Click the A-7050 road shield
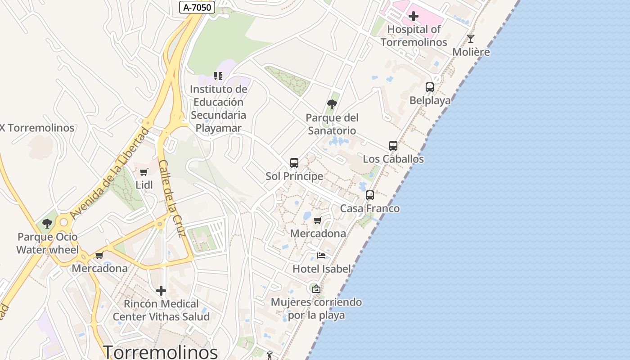point(197,7)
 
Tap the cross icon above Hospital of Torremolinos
point(414,17)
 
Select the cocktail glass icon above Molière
point(471,39)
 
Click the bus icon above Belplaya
point(430,87)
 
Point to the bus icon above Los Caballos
point(393,146)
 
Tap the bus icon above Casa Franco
point(370,195)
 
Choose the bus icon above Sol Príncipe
point(294,163)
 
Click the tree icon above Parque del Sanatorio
point(332,105)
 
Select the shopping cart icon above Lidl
point(144,172)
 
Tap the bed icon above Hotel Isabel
point(321,256)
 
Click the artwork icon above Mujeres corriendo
point(316,288)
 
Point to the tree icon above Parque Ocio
point(47,224)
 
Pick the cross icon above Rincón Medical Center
point(161,291)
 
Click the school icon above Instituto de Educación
point(218,76)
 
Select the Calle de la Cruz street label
point(172,198)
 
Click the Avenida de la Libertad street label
point(109,173)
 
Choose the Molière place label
point(471,52)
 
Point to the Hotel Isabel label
point(321,269)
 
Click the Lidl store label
point(144,185)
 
